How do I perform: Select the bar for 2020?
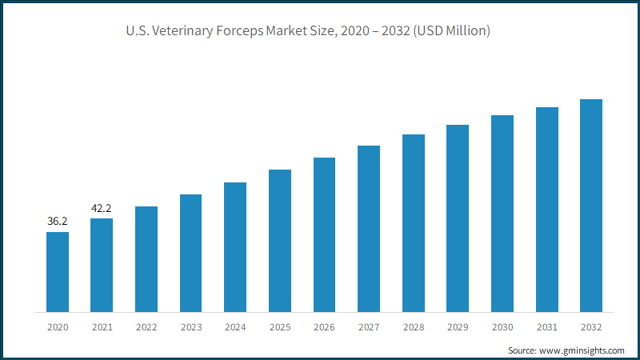(58, 272)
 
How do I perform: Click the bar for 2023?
(190, 254)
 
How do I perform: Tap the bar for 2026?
(325, 235)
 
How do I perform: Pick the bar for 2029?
(458, 218)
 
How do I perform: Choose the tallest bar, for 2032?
(591, 206)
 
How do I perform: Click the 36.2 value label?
(57, 222)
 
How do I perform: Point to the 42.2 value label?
(102, 208)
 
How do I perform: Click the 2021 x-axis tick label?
(102, 327)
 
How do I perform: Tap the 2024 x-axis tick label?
(235, 327)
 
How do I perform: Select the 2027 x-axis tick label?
(369, 327)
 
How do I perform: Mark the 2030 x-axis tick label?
(502, 327)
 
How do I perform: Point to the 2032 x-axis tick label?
(591, 327)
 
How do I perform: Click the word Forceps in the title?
(239, 31)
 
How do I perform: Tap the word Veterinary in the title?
(182, 31)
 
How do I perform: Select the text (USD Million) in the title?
(452, 31)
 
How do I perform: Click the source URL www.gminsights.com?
(582, 350)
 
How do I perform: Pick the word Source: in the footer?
(522, 350)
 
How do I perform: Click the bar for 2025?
(280, 241)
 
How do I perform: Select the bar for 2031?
(547, 210)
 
